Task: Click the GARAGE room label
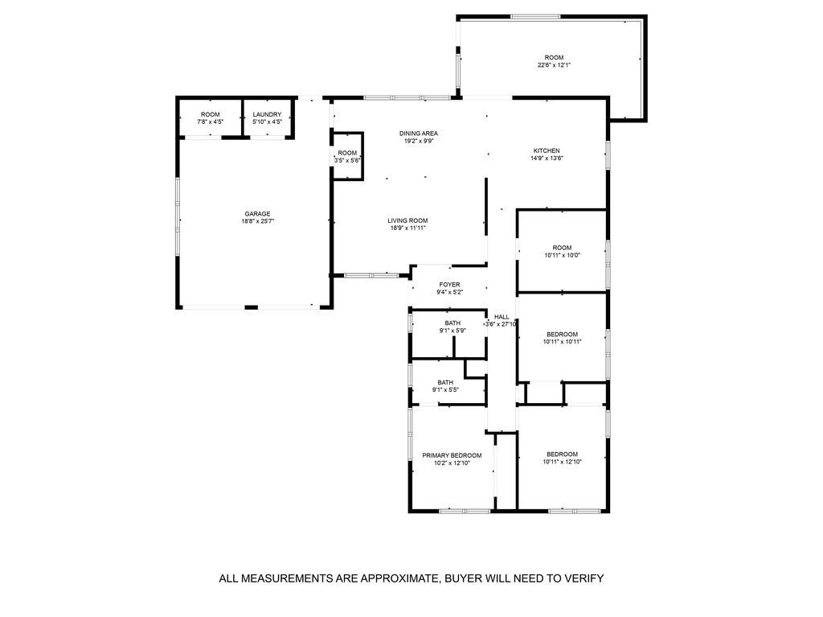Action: click(x=257, y=213)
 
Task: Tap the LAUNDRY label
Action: click(x=267, y=114)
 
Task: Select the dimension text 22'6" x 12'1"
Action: click(x=554, y=65)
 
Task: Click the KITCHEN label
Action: click(x=547, y=150)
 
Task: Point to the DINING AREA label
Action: click(x=420, y=133)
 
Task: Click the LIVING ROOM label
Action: click(x=407, y=220)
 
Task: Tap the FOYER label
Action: click(x=449, y=284)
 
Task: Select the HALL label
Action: click(x=502, y=316)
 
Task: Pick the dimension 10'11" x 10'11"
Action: click(x=562, y=341)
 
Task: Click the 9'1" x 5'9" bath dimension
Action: click(x=452, y=330)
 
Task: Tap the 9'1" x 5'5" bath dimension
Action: click(x=446, y=389)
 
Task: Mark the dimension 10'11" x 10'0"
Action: click(x=562, y=255)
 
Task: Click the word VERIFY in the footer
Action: click(x=585, y=578)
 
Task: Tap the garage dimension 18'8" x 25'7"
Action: click(x=257, y=221)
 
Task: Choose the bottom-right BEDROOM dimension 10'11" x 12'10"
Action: click(x=562, y=462)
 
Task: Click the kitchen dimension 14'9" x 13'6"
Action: click(x=547, y=158)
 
